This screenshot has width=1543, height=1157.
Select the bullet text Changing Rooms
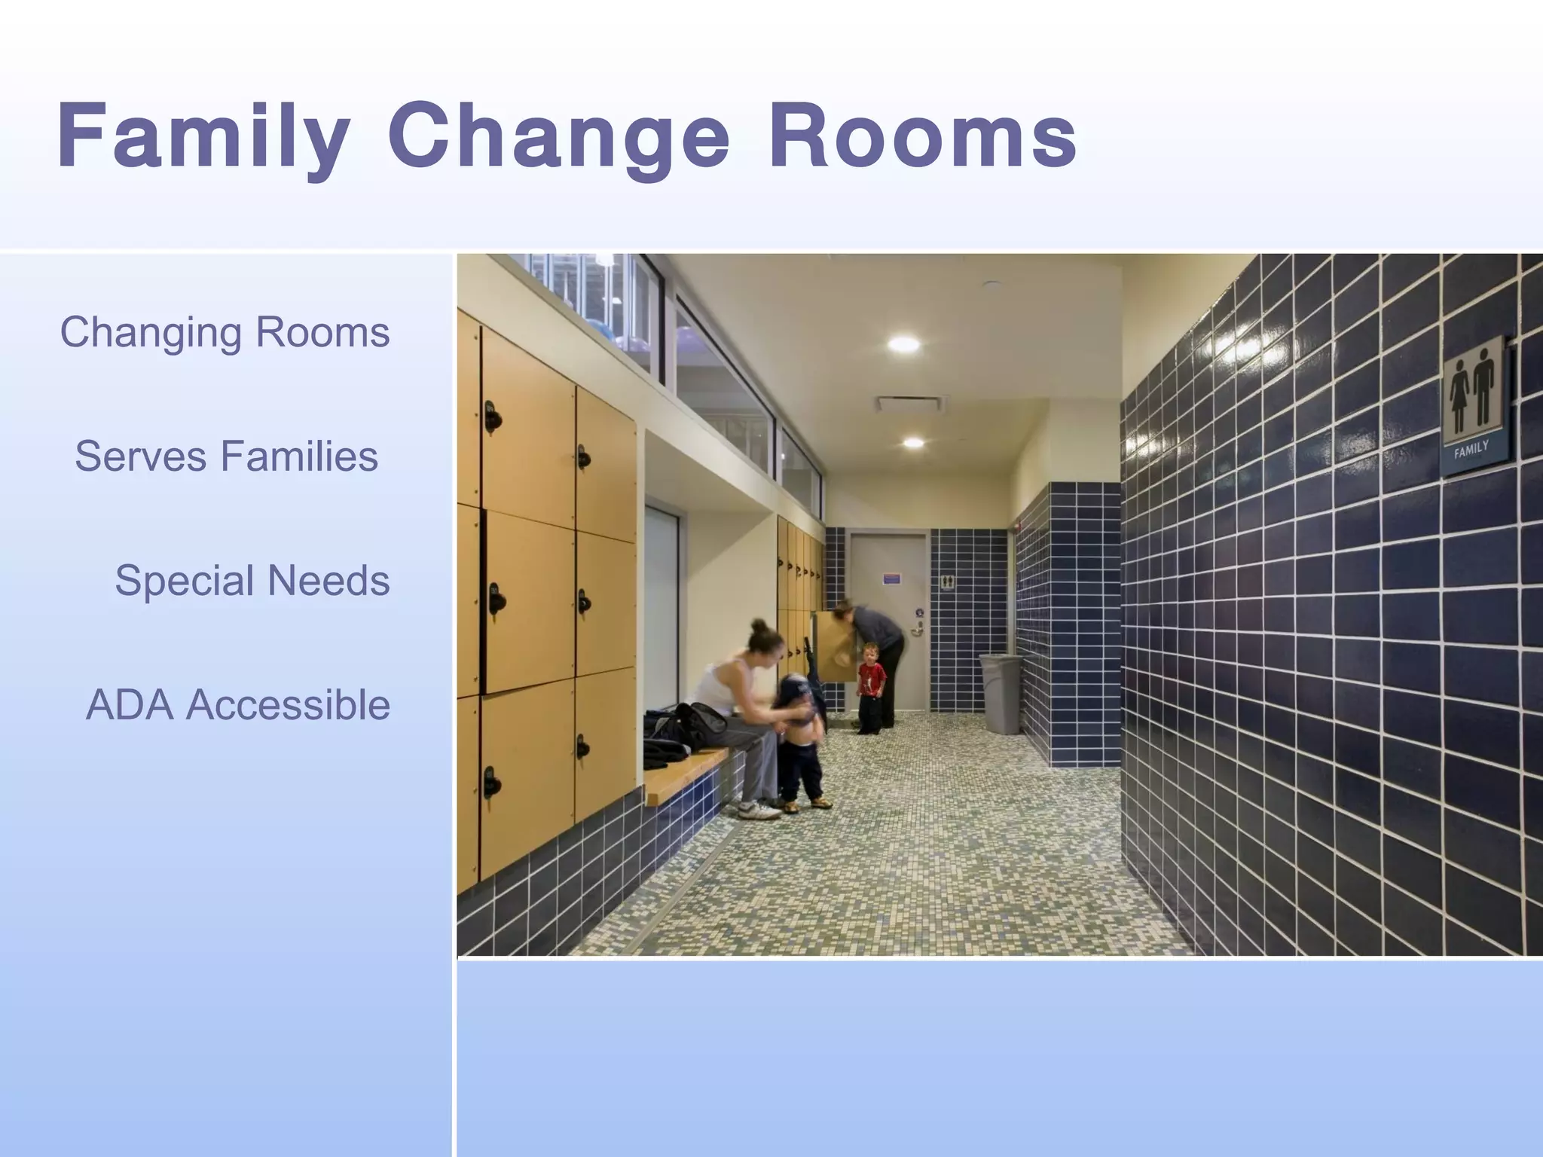[225, 332]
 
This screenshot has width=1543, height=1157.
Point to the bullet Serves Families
[226, 456]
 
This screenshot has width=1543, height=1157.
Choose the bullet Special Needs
[252, 581]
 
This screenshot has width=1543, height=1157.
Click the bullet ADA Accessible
[237, 705]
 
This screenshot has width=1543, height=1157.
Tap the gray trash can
[1001, 693]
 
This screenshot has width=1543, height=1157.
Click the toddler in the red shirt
[872, 682]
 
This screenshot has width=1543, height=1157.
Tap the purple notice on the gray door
[892, 579]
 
